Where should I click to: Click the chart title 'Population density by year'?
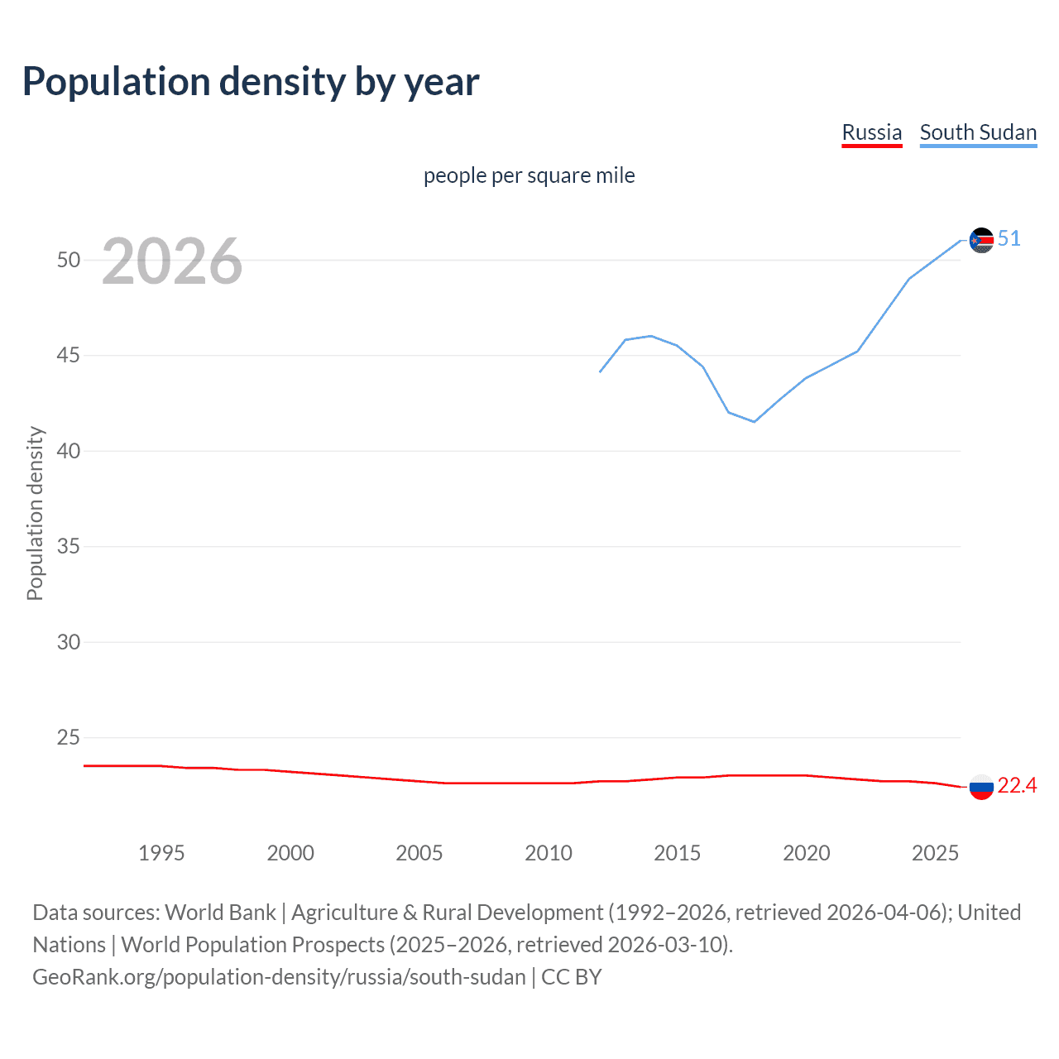pyautogui.click(x=251, y=82)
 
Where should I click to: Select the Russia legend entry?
pyautogui.click(x=871, y=132)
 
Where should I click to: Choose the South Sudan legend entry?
pyautogui.click(x=978, y=132)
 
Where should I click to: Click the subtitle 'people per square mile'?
pyautogui.click(x=529, y=175)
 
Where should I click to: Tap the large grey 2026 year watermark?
pyautogui.click(x=172, y=261)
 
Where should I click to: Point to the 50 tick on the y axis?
pyautogui.click(x=69, y=260)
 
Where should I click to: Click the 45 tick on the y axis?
pyautogui.click(x=69, y=356)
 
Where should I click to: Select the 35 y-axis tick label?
pyautogui.click(x=69, y=547)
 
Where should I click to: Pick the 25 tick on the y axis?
pyautogui.click(x=69, y=737)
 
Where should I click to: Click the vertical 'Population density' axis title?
pyautogui.click(x=35, y=513)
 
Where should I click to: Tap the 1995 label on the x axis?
pyautogui.click(x=161, y=853)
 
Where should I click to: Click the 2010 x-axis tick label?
pyautogui.click(x=548, y=853)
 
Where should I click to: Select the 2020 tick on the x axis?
pyautogui.click(x=806, y=853)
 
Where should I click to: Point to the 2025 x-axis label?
pyautogui.click(x=935, y=853)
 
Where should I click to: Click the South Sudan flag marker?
pyautogui.click(x=981, y=240)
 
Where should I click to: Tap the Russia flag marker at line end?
pyautogui.click(x=981, y=787)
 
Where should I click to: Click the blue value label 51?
pyautogui.click(x=1009, y=239)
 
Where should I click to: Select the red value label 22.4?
pyautogui.click(x=1017, y=786)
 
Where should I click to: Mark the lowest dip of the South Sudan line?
pyautogui.click(x=754, y=422)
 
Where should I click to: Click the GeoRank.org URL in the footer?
pyautogui.click(x=279, y=977)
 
